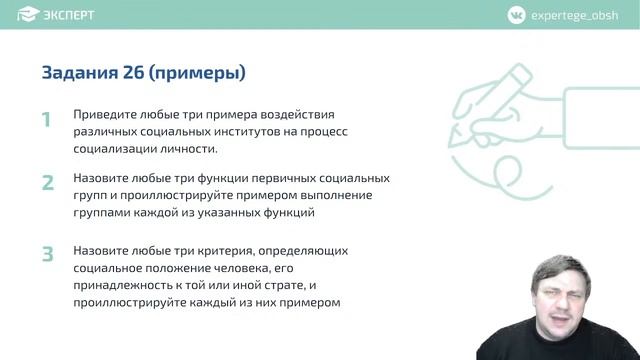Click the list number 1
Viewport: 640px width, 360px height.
tap(46, 121)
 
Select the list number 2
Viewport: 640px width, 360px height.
tap(47, 184)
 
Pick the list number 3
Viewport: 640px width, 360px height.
tap(47, 255)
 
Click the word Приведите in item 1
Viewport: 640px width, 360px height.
tap(104, 115)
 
